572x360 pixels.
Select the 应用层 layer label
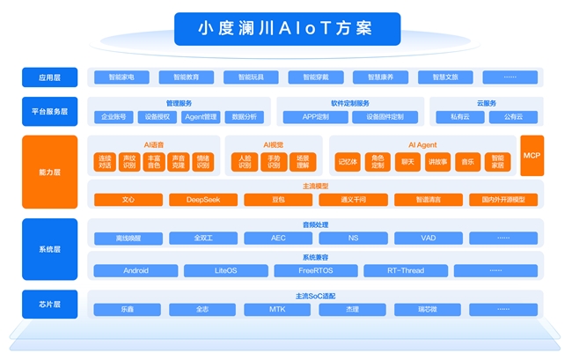tap(44, 77)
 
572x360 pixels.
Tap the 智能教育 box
tap(186, 77)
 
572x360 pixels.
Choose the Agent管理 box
tap(202, 117)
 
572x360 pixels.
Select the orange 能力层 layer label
tap(44, 173)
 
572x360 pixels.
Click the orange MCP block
tap(532, 155)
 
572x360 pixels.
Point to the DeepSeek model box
tap(203, 200)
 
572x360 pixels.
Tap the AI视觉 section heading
tap(273, 143)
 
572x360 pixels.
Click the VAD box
tap(428, 238)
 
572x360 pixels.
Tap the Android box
tap(136, 270)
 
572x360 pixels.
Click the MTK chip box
tap(277, 309)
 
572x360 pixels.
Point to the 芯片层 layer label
tap(44, 304)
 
